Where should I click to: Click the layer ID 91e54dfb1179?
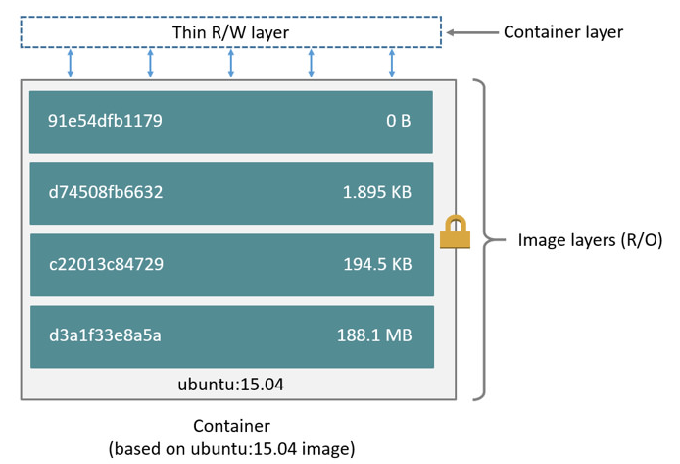click(x=105, y=121)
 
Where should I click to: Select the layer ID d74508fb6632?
click(x=106, y=192)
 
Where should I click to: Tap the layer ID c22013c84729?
click(x=106, y=264)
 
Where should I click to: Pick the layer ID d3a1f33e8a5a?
click(x=105, y=335)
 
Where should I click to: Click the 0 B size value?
click(x=398, y=121)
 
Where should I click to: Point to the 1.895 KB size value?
click(x=377, y=192)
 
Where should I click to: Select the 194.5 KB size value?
click(x=377, y=264)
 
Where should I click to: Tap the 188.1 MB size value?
click(x=374, y=335)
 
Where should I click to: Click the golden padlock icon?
click(x=455, y=232)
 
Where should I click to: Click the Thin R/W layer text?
click(x=230, y=32)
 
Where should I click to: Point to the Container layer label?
click(x=563, y=32)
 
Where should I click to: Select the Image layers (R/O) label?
click(x=590, y=240)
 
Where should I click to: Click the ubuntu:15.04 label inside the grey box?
click(x=230, y=385)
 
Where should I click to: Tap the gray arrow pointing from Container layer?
click(x=472, y=32)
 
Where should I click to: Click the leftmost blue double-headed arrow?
click(x=71, y=64)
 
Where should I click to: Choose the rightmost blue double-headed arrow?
click(x=392, y=64)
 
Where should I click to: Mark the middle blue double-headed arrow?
click(x=230, y=64)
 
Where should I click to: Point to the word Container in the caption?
click(x=231, y=426)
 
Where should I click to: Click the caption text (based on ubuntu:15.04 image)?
click(x=231, y=449)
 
